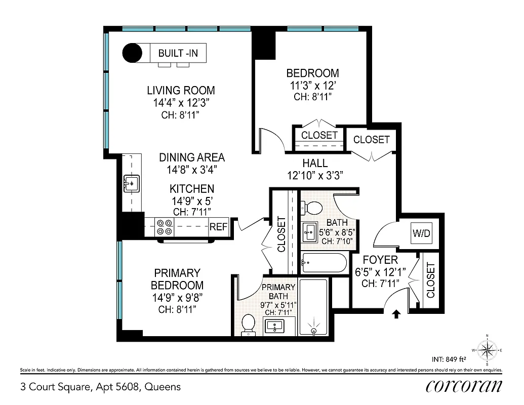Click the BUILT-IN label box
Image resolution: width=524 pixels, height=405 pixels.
pyautogui.click(x=178, y=53)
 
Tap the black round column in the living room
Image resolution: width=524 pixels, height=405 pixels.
pyautogui.click(x=134, y=53)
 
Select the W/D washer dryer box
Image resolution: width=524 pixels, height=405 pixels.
pyautogui.click(x=421, y=234)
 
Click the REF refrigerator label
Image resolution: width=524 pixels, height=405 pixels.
pyautogui.click(x=219, y=227)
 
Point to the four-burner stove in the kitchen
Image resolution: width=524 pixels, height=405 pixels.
pyautogui.click(x=164, y=227)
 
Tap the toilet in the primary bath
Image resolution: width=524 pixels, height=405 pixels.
pyautogui.click(x=248, y=324)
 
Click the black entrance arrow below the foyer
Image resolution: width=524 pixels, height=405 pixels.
pyautogui.click(x=396, y=314)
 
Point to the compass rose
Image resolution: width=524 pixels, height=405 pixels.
pyautogui.click(x=487, y=349)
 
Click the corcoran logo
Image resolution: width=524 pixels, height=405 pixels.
pyautogui.click(x=464, y=386)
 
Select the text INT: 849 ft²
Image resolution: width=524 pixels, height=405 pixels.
pyautogui.click(x=449, y=360)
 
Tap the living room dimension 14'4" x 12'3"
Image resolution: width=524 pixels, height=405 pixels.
pyautogui.click(x=181, y=103)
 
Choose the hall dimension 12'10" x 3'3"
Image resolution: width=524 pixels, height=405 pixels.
pyautogui.click(x=315, y=176)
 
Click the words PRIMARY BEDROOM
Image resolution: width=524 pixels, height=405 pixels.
pyautogui.click(x=177, y=279)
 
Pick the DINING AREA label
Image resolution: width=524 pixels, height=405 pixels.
pyautogui.click(x=192, y=157)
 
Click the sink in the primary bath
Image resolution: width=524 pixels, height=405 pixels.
pyautogui.click(x=276, y=327)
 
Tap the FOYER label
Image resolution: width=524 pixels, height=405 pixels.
pyautogui.click(x=380, y=260)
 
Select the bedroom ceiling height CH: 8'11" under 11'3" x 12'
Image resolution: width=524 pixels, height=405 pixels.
pyautogui.click(x=312, y=96)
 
